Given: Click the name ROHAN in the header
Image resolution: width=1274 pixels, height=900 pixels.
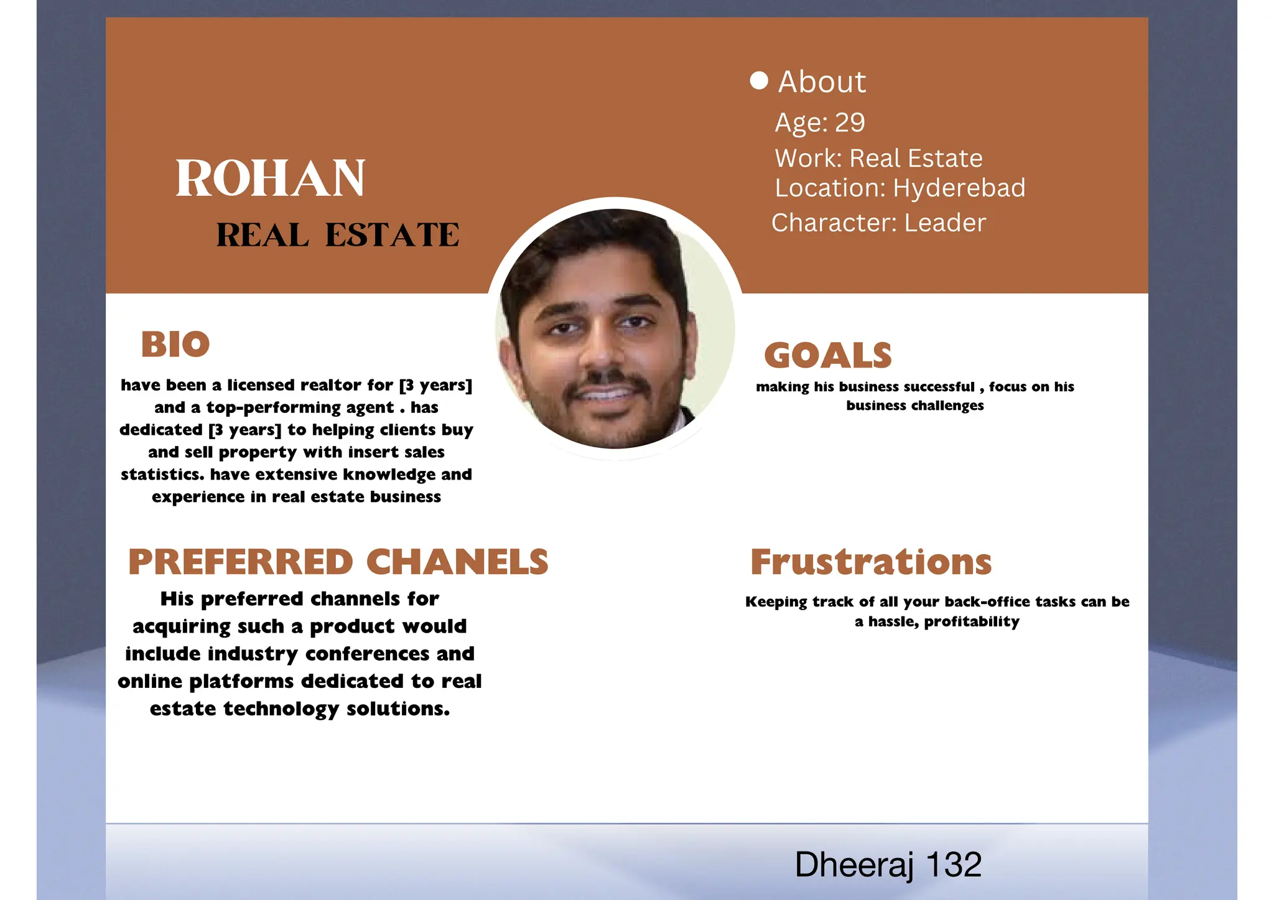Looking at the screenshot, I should point(270,179).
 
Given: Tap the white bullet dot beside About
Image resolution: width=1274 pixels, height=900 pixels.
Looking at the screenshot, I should point(759,80).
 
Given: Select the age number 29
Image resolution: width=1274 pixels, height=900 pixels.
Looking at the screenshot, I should point(850,123).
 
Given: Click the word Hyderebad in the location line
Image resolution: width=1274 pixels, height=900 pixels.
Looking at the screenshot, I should point(959,188).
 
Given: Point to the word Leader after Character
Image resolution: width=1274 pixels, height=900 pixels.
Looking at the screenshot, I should point(945,223).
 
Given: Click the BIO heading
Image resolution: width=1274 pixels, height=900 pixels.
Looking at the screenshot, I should point(175,344).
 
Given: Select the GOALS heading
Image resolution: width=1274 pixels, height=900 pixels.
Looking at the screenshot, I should point(828,355).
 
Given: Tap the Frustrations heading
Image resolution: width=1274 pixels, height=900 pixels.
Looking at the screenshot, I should point(871,562).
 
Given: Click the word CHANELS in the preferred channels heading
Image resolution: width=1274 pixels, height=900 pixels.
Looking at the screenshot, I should point(457,562).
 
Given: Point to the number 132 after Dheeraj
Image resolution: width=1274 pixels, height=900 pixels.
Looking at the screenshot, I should point(953,865).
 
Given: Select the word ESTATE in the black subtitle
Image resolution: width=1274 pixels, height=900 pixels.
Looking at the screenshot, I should point(392,235).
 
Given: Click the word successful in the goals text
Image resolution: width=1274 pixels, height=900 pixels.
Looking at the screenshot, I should point(939,387).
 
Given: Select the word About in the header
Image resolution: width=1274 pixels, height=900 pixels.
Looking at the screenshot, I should point(822,81).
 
